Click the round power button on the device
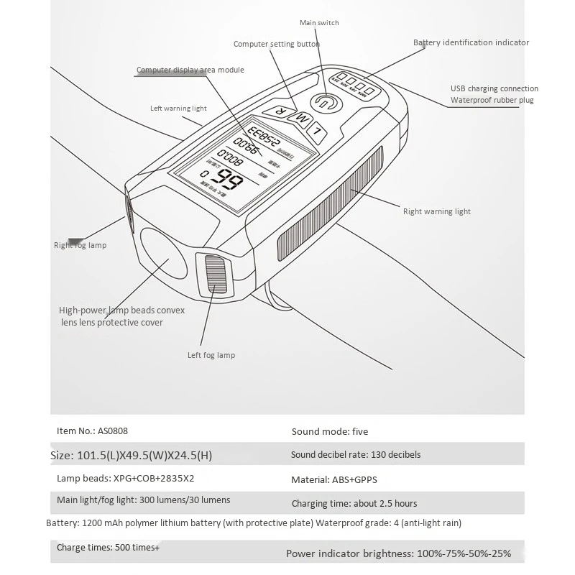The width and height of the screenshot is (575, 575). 324,102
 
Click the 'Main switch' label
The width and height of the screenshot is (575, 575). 319,23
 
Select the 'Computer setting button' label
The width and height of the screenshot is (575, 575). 277,44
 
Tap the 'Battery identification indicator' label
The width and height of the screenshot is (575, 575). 471,42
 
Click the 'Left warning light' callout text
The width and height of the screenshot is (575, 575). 178,109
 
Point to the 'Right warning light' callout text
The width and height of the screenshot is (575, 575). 437,211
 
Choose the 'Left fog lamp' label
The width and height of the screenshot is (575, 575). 211,355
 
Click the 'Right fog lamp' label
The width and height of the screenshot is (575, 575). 80,245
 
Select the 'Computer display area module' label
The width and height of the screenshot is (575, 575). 190,70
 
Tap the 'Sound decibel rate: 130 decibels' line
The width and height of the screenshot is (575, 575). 356,455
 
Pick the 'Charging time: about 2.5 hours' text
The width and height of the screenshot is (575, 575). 354,503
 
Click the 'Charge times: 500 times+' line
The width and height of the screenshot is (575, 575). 109,548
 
